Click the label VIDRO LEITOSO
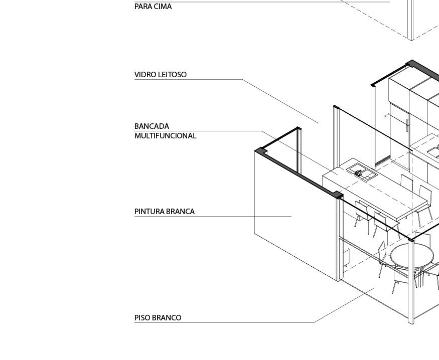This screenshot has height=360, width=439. pos(160,75)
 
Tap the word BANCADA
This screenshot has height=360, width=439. pos(152,126)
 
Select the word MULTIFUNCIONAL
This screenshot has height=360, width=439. pos(165,136)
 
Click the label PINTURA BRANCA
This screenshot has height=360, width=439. pos(164,212)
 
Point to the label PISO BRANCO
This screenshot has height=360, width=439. pos(158,318)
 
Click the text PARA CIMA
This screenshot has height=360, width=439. pos(153,7)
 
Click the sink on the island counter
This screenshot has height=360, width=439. pos(362,171)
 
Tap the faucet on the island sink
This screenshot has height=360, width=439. pos(358,172)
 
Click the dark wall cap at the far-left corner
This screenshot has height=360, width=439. pos(260,150)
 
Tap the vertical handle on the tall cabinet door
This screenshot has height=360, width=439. pos(407,122)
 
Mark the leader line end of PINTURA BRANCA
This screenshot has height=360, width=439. pos(291,216)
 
